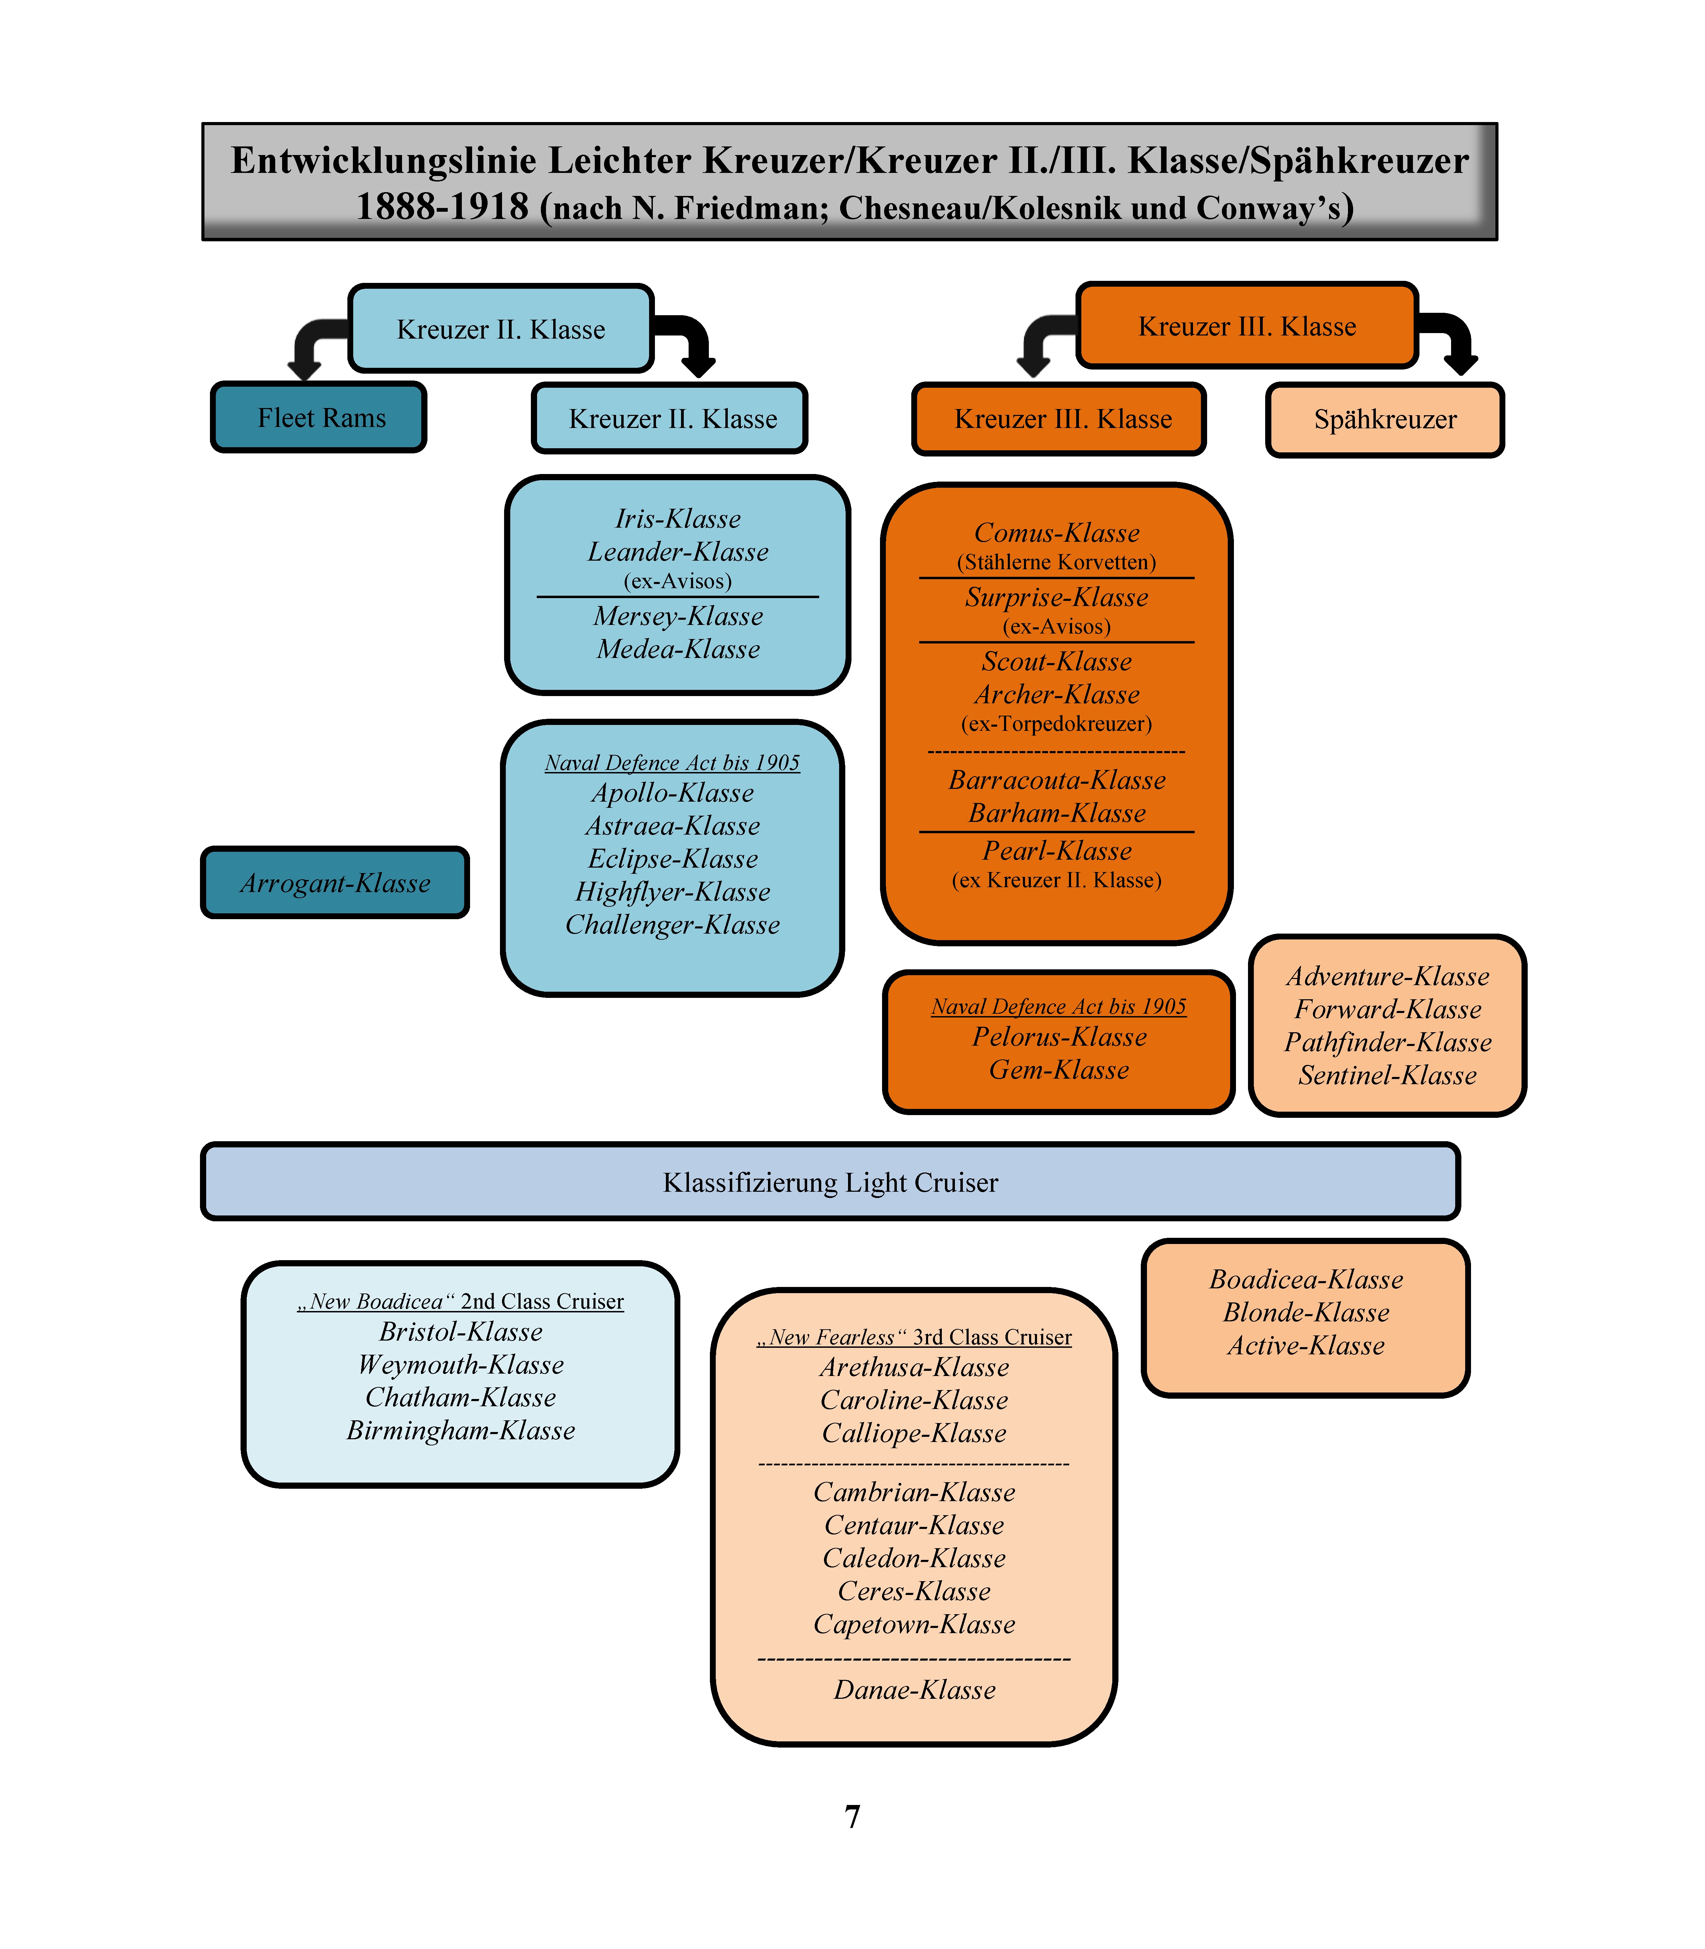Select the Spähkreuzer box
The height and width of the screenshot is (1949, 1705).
[x=1385, y=420]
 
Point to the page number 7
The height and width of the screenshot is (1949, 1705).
[x=852, y=1817]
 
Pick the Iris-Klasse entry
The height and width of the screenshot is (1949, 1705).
[x=678, y=519]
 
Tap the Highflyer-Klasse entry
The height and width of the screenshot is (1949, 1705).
[x=673, y=892]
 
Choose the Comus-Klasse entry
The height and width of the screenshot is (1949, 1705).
[x=1057, y=533]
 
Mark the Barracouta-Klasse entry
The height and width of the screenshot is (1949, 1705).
[x=1057, y=780]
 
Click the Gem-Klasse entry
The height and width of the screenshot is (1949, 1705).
[x=1059, y=1070]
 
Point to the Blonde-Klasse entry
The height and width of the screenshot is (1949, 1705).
[x=1306, y=1312]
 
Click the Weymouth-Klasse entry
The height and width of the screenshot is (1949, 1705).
[x=460, y=1365]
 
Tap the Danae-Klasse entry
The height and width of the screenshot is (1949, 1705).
[x=914, y=1690]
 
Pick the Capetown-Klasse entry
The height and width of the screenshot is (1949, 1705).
[x=914, y=1625]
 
